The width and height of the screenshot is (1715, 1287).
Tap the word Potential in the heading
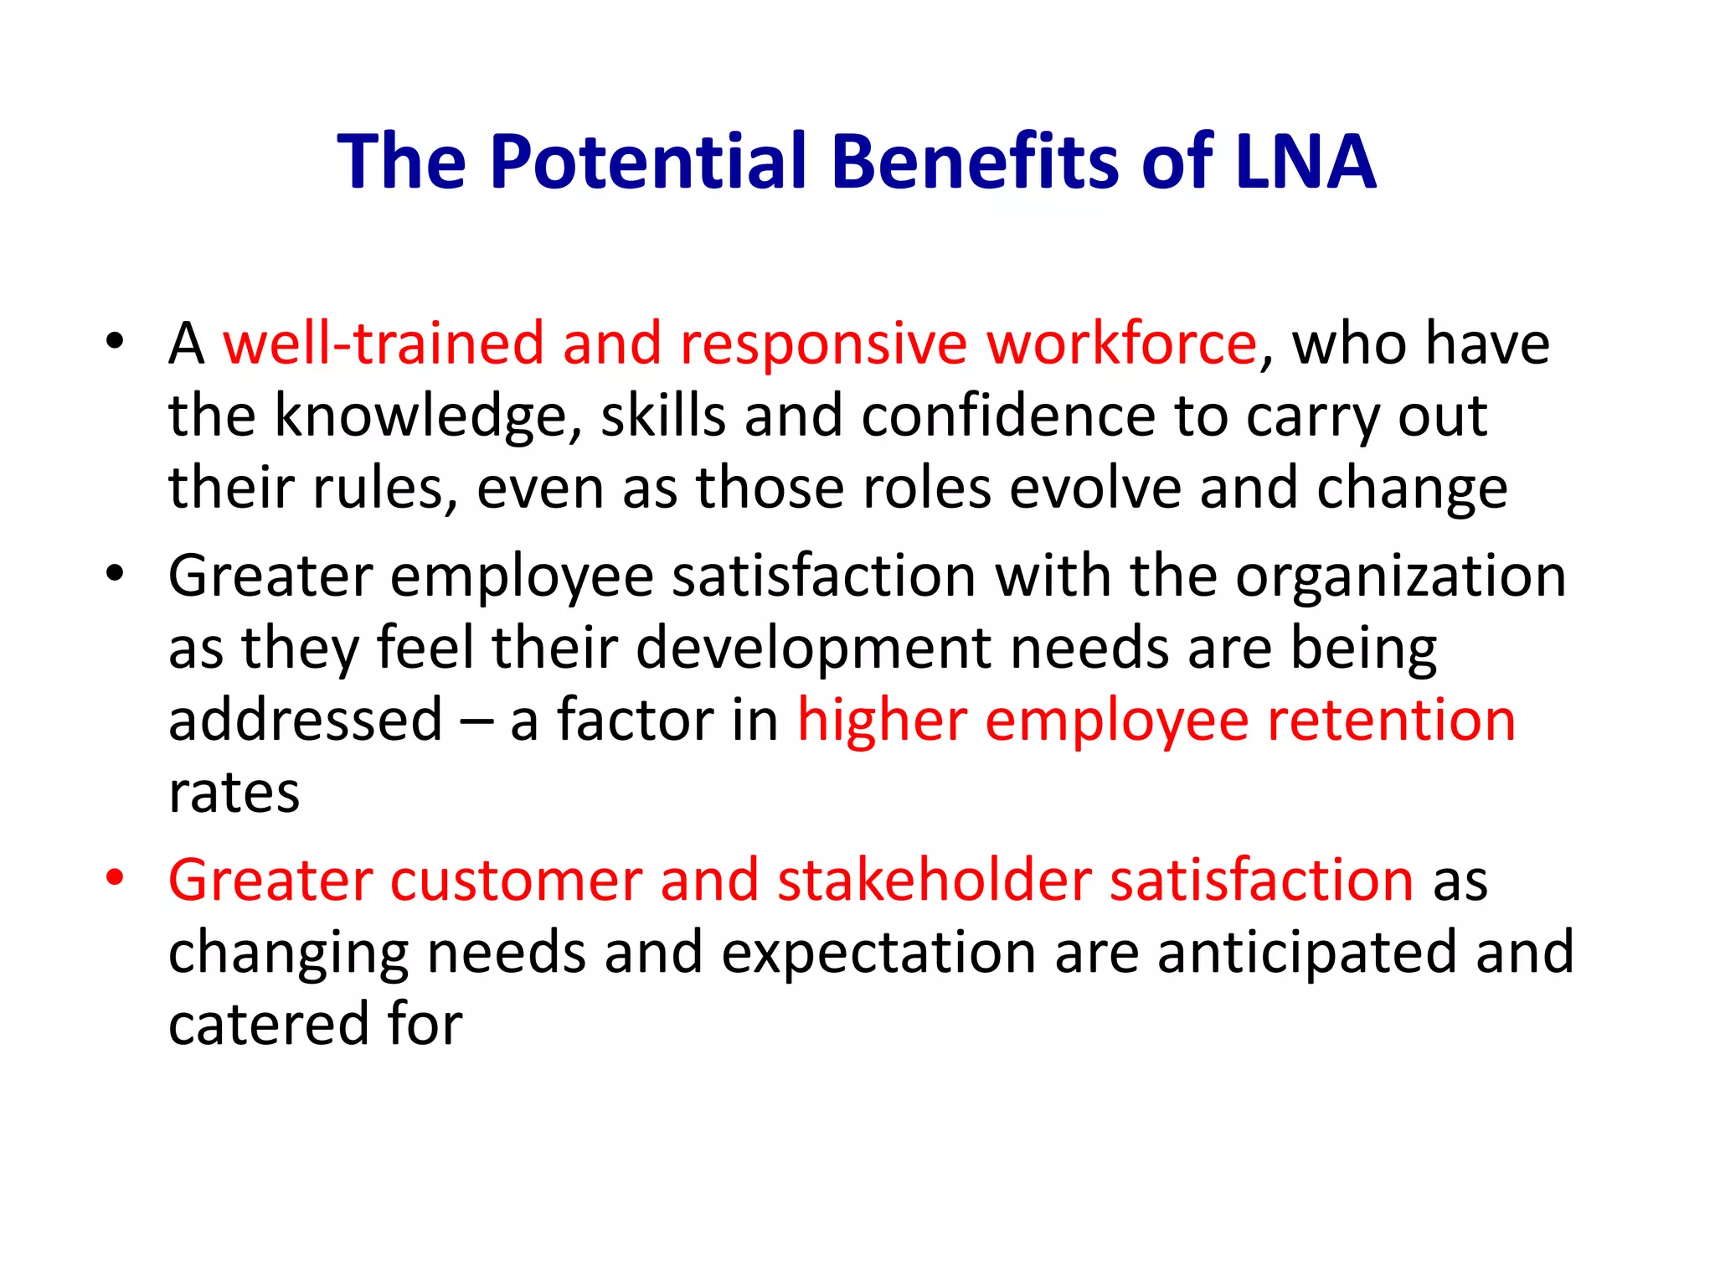650,161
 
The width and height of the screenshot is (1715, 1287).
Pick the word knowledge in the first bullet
421,416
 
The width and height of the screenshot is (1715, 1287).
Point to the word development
813,649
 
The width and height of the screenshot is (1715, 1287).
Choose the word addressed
305,721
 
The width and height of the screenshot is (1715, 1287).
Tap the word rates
234,793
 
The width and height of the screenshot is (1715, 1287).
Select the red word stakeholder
935,881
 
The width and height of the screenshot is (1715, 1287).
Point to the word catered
268,1025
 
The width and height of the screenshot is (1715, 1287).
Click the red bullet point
115,878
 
